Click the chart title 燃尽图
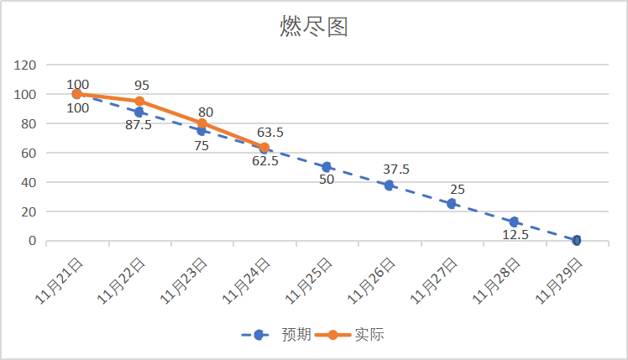point(313,28)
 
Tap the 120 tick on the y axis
point(26,65)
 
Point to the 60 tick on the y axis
point(29,154)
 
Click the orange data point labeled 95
point(139,102)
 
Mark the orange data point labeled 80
point(201,123)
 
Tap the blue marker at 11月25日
point(327,168)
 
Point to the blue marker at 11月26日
point(389,185)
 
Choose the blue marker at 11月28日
point(514,222)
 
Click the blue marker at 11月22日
point(139,112)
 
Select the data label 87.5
point(139,125)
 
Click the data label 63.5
point(270,132)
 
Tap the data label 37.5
point(395,170)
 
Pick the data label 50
point(327,180)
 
